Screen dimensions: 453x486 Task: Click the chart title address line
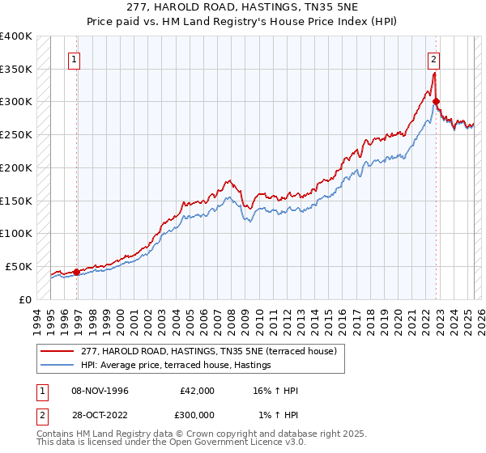tap(243, 7)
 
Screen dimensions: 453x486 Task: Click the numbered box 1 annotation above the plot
tap(74, 58)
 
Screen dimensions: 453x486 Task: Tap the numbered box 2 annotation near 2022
tap(434, 58)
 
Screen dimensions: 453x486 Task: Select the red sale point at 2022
tap(437, 101)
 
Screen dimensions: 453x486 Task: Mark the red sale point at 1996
tap(77, 272)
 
